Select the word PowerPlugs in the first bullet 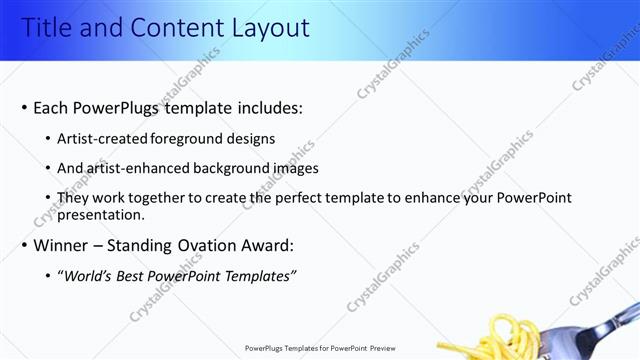pos(124,108)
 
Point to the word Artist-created pos(103,139)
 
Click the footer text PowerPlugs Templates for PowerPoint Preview pos(321,348)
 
